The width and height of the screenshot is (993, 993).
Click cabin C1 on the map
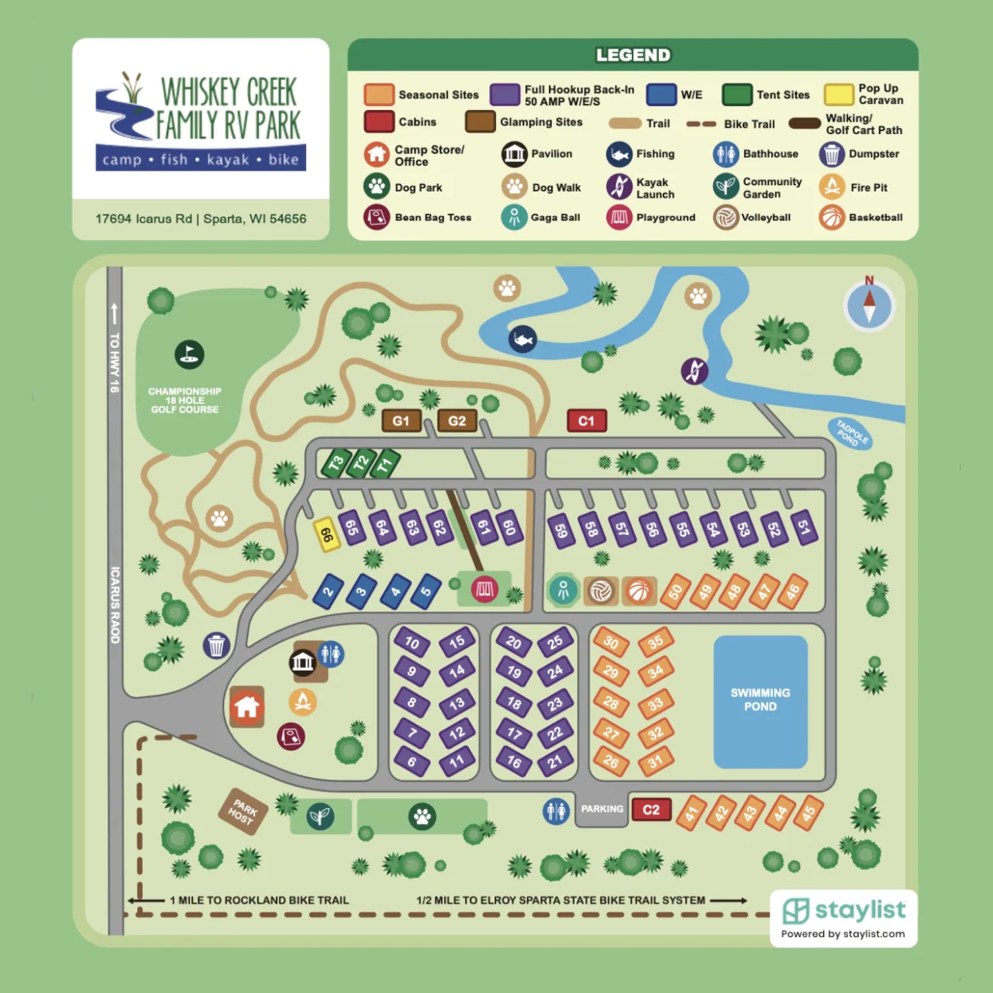[x=587, y=421]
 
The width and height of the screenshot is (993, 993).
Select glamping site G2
[x=457, y=421]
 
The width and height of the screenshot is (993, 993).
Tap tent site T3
[x=336, y=463]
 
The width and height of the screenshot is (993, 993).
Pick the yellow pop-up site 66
[x=327, y=534]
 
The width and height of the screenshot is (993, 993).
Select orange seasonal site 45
[x=808, y=813]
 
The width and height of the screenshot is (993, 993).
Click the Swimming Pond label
[x=760, y=699]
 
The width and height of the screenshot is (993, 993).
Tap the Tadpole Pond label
[x=850, y=434]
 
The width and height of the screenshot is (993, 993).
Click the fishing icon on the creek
[x=522, y=340]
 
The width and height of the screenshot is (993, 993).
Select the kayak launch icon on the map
[x=694, y=370]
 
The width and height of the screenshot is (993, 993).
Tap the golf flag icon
[x=189, y=354]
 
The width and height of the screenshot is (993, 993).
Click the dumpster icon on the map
[x=216, y=645]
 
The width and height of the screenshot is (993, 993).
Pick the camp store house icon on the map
[x=247, y=707]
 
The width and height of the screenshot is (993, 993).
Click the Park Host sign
[x=242, y=811]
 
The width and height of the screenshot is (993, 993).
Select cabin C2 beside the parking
[x=651, y=810]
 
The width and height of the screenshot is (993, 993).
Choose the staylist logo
[x=844, y=911]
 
